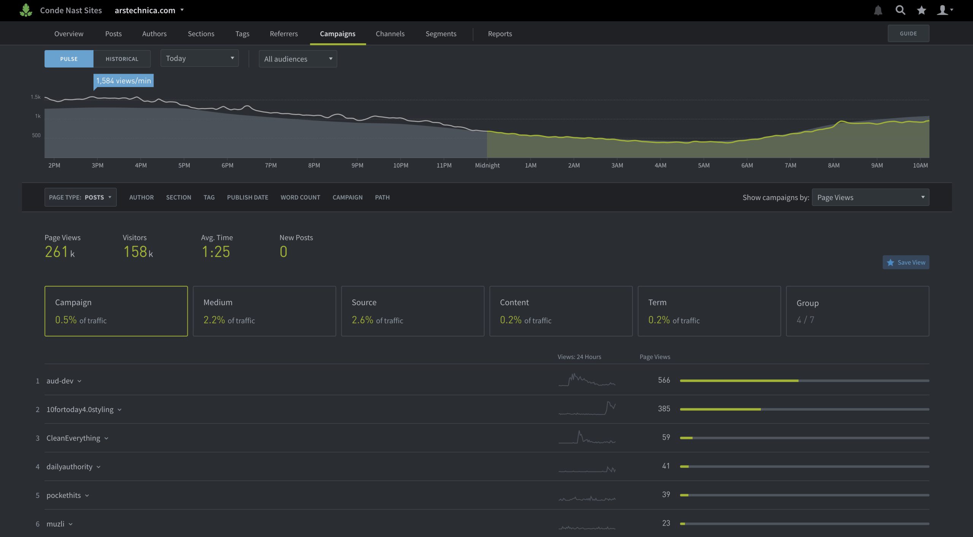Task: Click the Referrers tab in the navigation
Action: pyautogui.click(x=284, y=34)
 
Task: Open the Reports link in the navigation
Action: pyautogui.click(x=500, y=34)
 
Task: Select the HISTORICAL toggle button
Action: pyautogui.click(x=122, y=59)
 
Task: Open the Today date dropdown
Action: pyautogui.click(x=200, y=58)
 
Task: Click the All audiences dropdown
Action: pyautogui.click(x=298, y=59)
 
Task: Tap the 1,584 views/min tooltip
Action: pyautogui.click(x=124, y=81)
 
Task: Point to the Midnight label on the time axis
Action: pyautogui.click(x=487, y=165)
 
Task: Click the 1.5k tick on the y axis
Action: pyautogui.click(x=35, y=97)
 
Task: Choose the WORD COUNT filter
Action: pyautogui.click(x=300, y=197)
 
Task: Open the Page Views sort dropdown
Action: pyautogui.click(x=870, y=197)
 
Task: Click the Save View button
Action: pyautogui.click(x=906, y=262)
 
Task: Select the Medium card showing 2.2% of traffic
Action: pyautogui.click(x=264, y=311)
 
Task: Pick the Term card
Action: pyautogui.click(x=709, y=311)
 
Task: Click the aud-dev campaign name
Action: pyautogui.click(x=60, y=381)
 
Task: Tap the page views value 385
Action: pyautogui.click(x=664, y=409)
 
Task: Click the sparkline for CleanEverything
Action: pyautogui.click(x=587, y=437)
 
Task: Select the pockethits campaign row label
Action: pyautogui.click(x=63, y=495)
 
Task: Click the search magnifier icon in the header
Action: pyautogui.click(x=900, y=10)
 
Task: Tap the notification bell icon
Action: pyautogui.click(x=878, y=10)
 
